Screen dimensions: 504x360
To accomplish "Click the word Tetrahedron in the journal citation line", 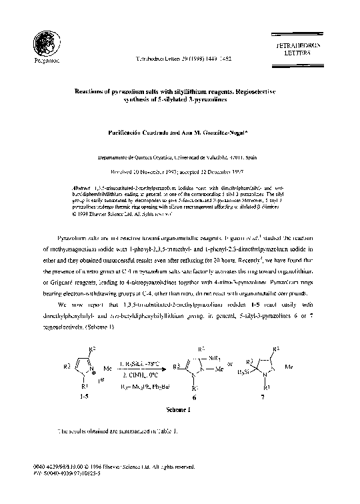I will click(150, 59).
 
